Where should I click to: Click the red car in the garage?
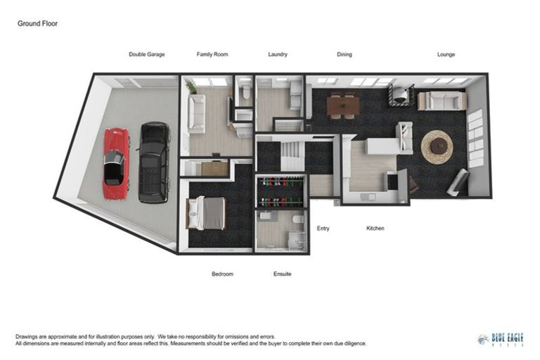[x=116, y=163]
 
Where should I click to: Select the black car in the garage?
[x=154, y=162]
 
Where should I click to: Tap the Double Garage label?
[x=147, y=54]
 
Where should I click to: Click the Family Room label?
[x=212, y=54]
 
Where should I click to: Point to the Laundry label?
[x=278, y=54]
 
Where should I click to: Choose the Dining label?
[x=344, y=54]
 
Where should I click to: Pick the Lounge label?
[x=446, y=54]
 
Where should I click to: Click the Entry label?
[x=323, y=229]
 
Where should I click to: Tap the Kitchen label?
[x=375, y=229]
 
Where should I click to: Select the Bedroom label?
[x=222, y=274]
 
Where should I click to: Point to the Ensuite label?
[x=282, y=274]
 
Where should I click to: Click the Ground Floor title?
[x=37, y=23]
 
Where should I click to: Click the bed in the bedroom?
[x=205, y=212]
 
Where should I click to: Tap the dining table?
[x=343, y=105]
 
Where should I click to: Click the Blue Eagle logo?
[x=500, y=340]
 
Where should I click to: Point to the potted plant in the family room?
[x=190, y=86]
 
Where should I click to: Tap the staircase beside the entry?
[x=291, y=155]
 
